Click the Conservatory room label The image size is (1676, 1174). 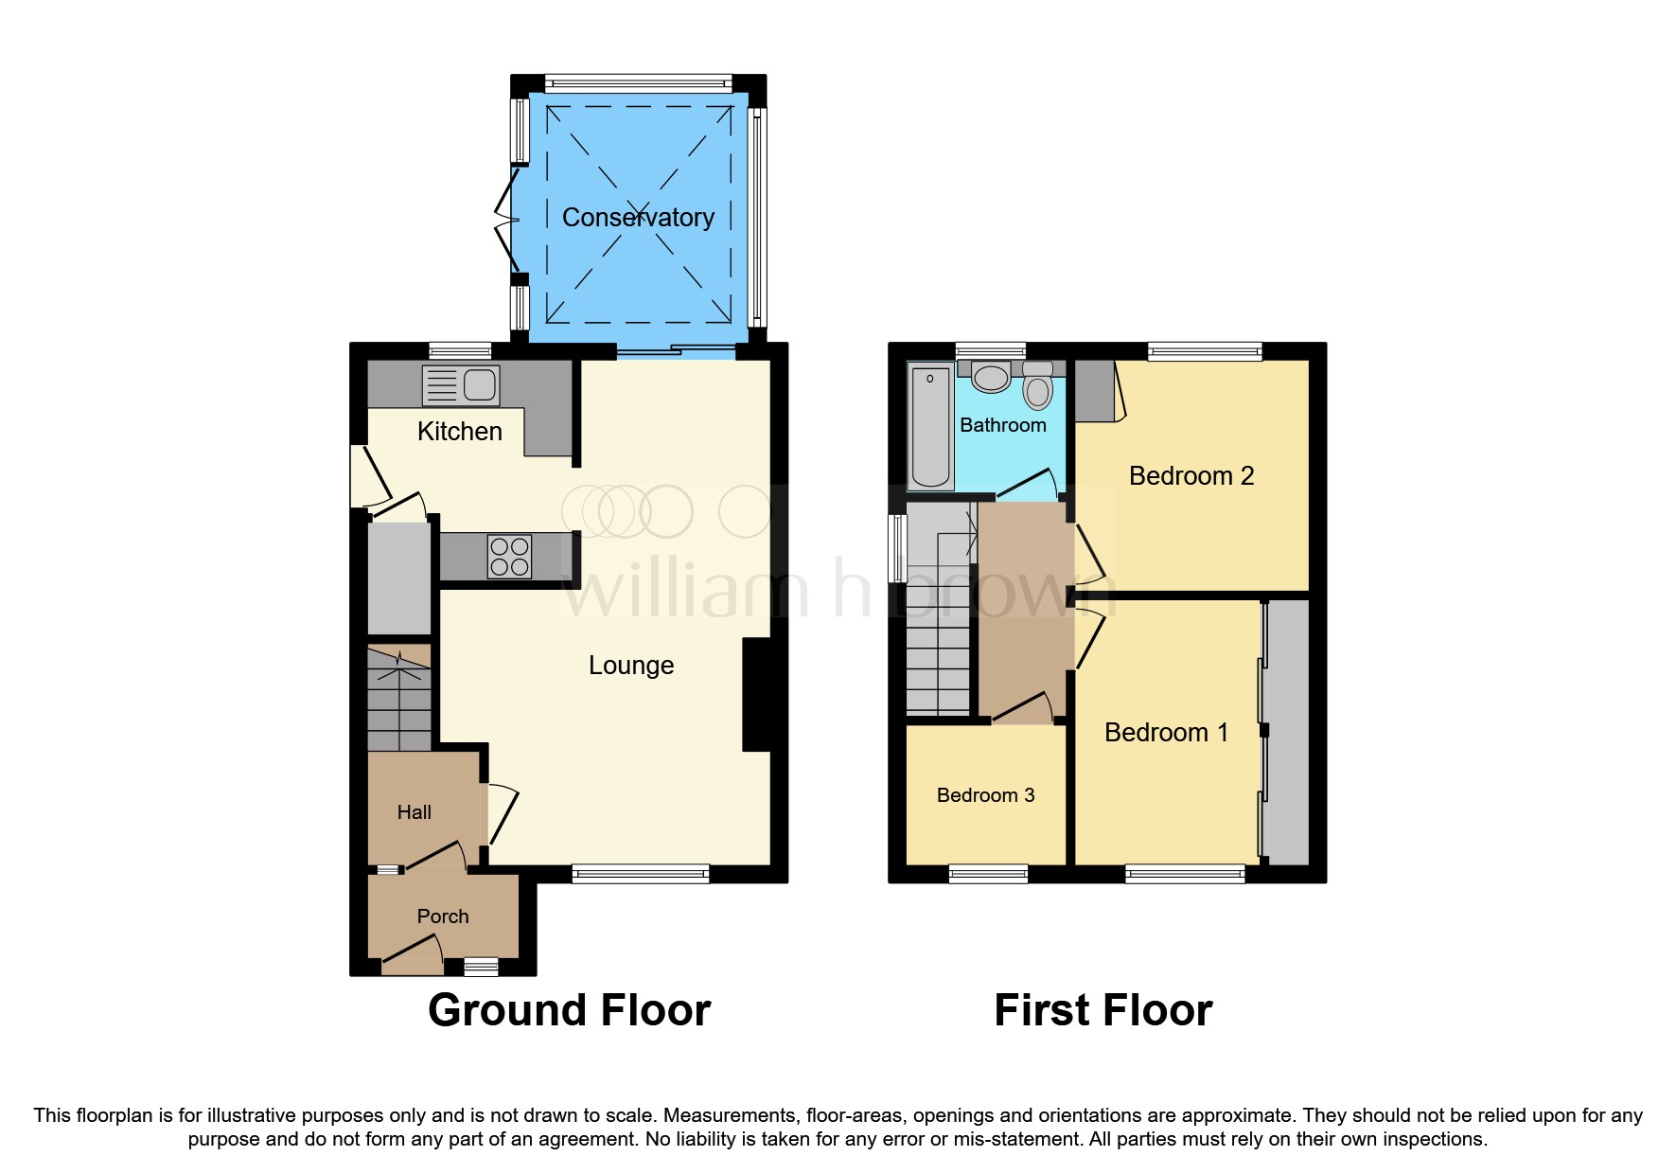[x=638, y=218]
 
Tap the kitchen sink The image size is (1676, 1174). [x=461, y=385]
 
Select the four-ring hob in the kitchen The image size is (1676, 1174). [x=509, y=557]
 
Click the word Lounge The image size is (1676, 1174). [x=631, y=666]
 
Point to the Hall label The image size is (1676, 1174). [x=414, y=812]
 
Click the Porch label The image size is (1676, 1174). [x=443, y=916]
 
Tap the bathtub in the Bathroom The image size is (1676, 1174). [x=929, y=426]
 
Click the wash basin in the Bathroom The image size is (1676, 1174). [x=991, y=377]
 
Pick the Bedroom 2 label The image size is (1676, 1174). [x=1191, y=476]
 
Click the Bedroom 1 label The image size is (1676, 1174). [x=1166, y=733]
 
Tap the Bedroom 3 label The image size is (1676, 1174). [x=985, y=795]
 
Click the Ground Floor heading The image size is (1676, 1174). [x=569, y=1010]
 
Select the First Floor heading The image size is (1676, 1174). [x=1103, y=1010]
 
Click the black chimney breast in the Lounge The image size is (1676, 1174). [x=757, y=695]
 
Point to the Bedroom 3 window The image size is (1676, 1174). [x=988, y=874]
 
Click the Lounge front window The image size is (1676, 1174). [x=641, y=874]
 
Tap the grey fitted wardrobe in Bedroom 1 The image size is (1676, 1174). [x=1287, y=732]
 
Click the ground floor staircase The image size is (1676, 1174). [x=398, y=699]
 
